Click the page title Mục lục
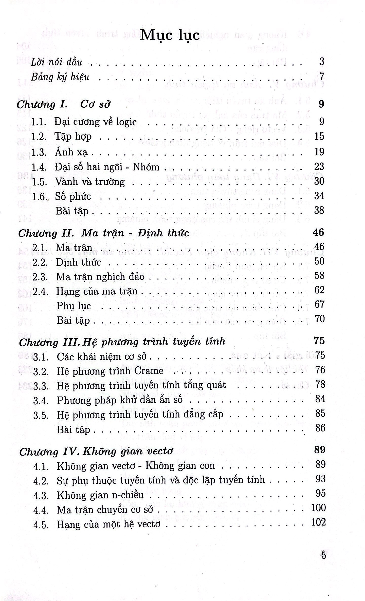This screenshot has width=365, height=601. pyautogui.click(x=170, y=35)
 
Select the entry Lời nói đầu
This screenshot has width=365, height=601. pyautogui.click(x=57, y=62)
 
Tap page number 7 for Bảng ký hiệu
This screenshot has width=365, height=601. pyautogui.click(x=322, y=76)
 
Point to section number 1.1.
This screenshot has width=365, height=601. pyautogui.click(x=39, y=122)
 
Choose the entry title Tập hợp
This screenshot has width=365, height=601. pyautogui.click(x=73, y=137)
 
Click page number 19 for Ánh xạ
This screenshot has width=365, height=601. pyautogui.click(x=319, y=152)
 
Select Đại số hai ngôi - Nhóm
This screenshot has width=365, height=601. pyautogui.click(x=107, y=167)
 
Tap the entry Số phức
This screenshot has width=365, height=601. pyautogui.click(x=73, y=197)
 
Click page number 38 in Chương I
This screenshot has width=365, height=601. pyautogui.click(x=319, y=210)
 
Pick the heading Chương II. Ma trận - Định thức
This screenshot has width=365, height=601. pyautogui.click(x=104, y=233)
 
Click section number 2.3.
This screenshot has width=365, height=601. pyautogui.click(x=40, y=277)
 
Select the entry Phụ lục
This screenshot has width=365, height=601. pyautogui.click(x=74, y=306)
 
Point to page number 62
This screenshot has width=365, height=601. pyautogui.click(x=319, y=290)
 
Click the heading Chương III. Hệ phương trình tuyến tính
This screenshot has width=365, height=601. pyautogui.click(x=122, y=342)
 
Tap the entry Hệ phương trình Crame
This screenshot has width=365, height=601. pyautogui.click(x=110, y=371)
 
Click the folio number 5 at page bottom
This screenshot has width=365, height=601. pyautogui.click(x=323, y=555)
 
